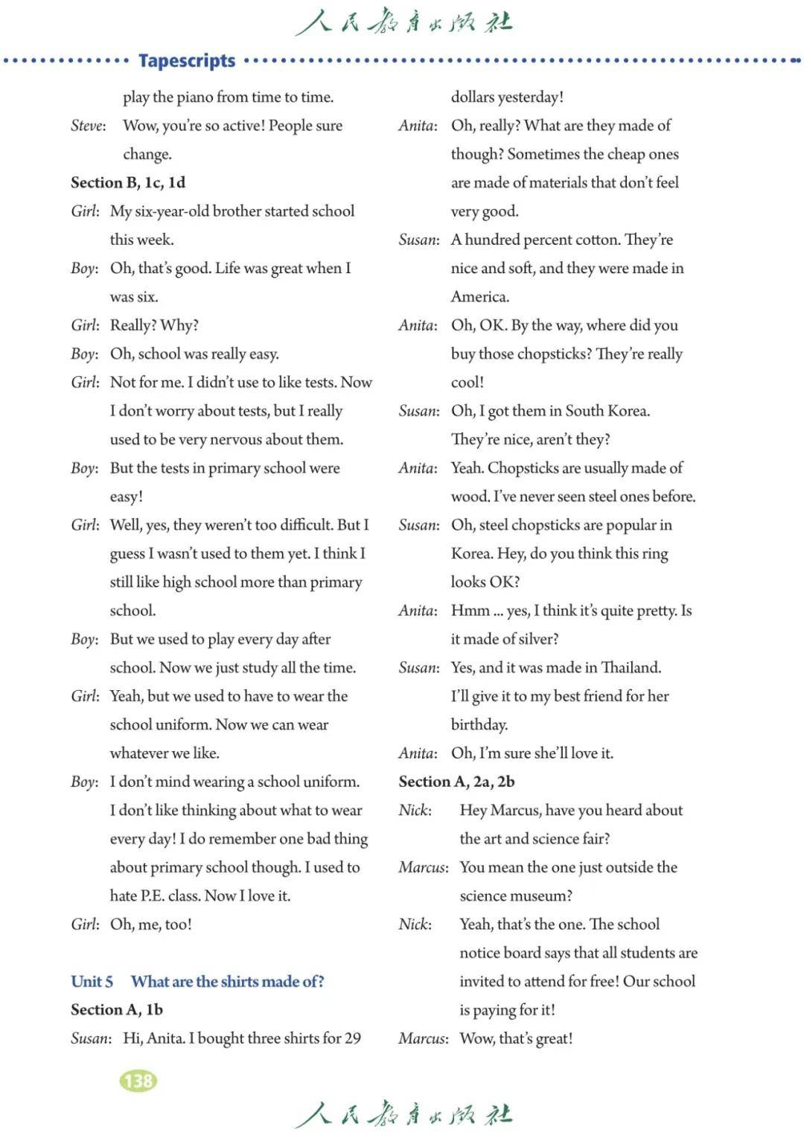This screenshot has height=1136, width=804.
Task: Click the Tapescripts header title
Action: pyautogui.click(x=187, y=60)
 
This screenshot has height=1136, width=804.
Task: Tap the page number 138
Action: pyautogui.click(x=138, y=1080)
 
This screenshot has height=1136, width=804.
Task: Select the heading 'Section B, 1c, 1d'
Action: pyautogui.click(x=128, y=182)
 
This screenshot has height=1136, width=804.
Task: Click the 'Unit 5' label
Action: pyautogui.click(x=92, y=981)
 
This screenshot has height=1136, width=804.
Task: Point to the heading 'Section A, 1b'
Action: pyautogui.click(x=117, y=1009)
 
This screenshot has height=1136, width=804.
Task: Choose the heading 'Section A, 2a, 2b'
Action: pyautogui.click(x=456, y=782)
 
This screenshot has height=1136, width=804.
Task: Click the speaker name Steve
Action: pyautogui.click(x=88, y=126)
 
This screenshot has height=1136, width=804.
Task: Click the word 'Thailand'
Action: pyautogui.click(x=631, y=667)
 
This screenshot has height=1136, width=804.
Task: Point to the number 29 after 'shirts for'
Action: pyautogui.click(x=353, y=1038)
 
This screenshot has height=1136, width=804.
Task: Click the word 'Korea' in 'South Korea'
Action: pyautogui.click(x=628, y=411)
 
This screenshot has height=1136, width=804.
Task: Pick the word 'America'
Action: pyautogui.click(x=480, y=297)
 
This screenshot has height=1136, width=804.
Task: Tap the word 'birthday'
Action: pyautogui.click(x=479, y=724)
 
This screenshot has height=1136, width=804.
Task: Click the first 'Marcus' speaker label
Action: pyautogui.click(x=423, y=867)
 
